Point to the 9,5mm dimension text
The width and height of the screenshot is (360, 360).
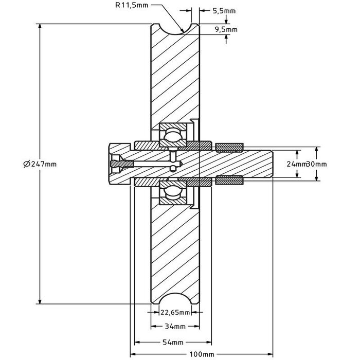pos(226,29)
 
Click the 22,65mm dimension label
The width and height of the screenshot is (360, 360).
pos(175,312)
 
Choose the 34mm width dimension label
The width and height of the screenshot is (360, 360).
pos(175,327)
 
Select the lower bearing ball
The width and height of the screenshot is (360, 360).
pos(173,194)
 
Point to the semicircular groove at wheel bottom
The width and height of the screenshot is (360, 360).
pos(175,301)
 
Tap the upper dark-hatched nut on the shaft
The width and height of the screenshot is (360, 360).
pos(229,148)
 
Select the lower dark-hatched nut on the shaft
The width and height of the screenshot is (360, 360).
pos(229,180)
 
